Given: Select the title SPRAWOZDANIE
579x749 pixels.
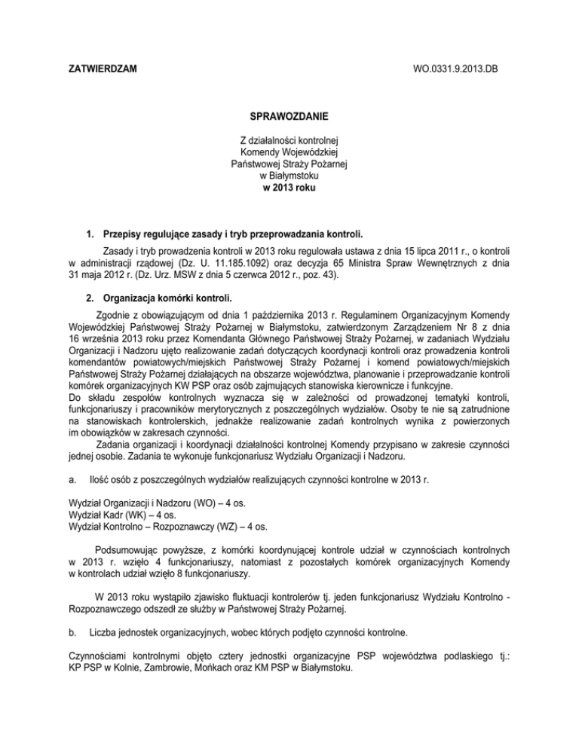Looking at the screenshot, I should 289,118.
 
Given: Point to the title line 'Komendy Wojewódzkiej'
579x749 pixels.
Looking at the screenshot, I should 289,150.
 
